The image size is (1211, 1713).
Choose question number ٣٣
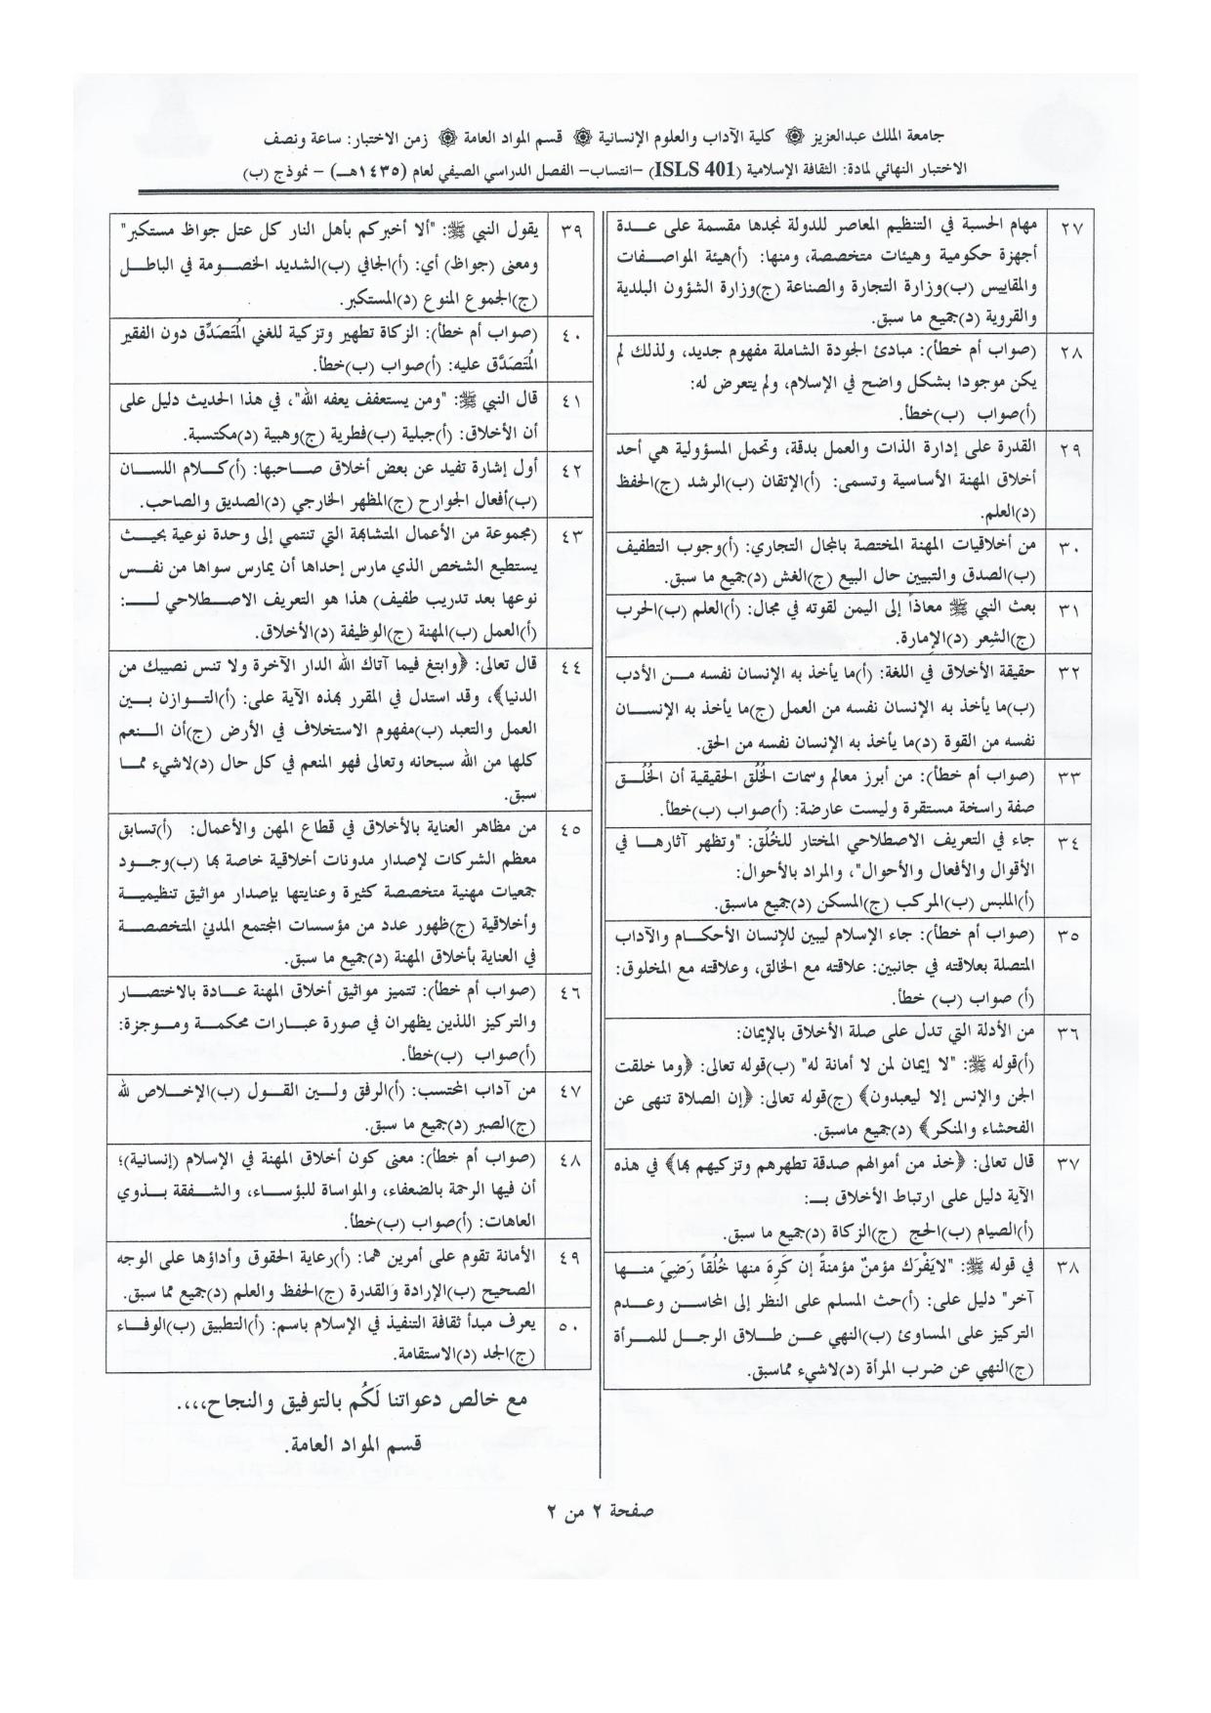(x=1069, y=778)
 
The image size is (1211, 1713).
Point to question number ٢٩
(x=1069, y=449)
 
